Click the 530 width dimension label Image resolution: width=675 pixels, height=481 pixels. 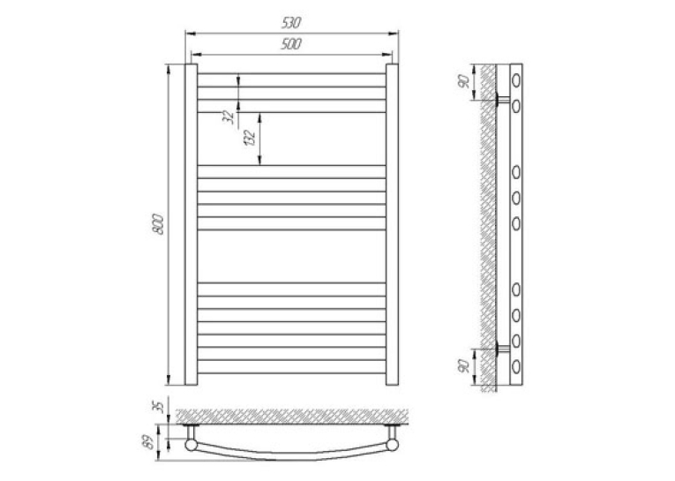tap(291, 22)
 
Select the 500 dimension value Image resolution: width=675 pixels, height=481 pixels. tap(291, 44)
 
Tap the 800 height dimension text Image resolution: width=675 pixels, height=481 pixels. tap(159, 224)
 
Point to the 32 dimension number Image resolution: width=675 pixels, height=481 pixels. tap(230, 117)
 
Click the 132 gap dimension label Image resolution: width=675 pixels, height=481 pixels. tap(250, 138)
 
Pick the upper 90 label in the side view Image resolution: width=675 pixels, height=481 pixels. tap(463, 81)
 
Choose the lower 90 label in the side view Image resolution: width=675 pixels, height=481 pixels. tap(463, 366)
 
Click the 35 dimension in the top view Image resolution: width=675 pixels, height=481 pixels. tap(159, 407)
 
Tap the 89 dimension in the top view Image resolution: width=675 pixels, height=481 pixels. tap(149, 443)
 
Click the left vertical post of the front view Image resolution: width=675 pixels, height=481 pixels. tap(191, 224)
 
